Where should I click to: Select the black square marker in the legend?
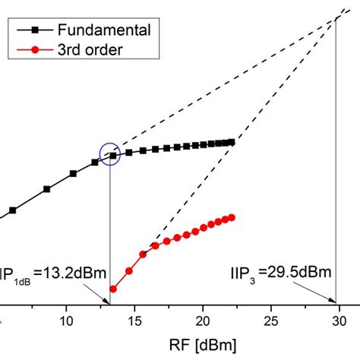tap(32, 31)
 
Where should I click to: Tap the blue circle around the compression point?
tap(110, 153)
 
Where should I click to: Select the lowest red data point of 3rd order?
tap(113, 289)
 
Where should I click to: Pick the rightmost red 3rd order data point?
tap(232, 217)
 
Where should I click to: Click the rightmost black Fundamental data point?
tap(232, 142)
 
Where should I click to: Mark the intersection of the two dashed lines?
tap(336, 18)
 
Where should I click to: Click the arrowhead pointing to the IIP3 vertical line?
tap(334, 301)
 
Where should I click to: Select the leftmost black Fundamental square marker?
tap(12, 210)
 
